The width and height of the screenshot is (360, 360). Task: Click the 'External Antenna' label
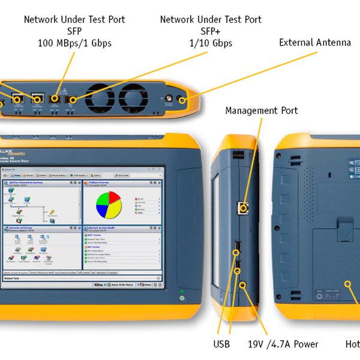(x=315, y=43)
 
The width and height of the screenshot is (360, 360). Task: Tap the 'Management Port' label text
(x=261, y=110)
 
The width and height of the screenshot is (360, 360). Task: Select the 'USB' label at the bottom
(x=221, y=344)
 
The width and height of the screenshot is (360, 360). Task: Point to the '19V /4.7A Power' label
(x=283, y=344)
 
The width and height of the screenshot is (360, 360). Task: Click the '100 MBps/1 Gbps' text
(x=74, y=43)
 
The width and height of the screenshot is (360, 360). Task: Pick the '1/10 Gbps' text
(x=211, y=43)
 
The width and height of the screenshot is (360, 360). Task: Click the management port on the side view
(x=243, y=208)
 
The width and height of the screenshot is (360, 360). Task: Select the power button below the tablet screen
(x=182, y=298)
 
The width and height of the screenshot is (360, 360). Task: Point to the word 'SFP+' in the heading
(x=211, y=31)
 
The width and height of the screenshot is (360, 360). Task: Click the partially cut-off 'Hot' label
(x=352, y=344)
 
